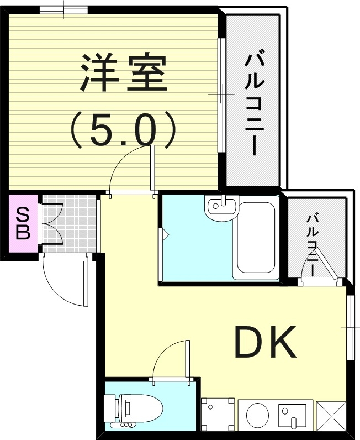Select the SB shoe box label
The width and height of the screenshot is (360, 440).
pos(23,222)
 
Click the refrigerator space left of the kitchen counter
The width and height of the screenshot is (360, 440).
pos(214,415)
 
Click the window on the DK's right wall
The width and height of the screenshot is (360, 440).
pos(350,328)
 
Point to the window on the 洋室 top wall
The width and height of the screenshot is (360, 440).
pos(63,9)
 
